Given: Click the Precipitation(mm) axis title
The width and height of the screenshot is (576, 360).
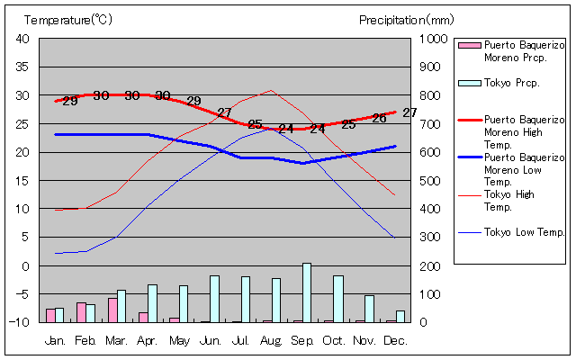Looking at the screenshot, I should tap(407, 19).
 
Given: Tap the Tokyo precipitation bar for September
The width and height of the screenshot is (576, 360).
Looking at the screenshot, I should tap(307, 292).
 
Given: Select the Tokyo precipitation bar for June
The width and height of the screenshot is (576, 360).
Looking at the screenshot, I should tap(214, 299).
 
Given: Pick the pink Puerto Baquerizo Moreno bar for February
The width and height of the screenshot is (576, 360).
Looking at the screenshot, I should tap(81, 312).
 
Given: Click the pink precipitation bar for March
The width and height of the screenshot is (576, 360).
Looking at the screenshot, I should tap(112, 310).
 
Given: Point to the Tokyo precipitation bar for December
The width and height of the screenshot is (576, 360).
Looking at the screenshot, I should tap(400, 316).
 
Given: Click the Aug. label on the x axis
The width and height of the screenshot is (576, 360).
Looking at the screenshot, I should tap(272, 340).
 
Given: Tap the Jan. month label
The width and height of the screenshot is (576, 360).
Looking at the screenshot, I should tap(55, 340).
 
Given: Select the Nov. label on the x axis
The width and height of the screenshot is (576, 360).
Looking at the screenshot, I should tap(364, 340).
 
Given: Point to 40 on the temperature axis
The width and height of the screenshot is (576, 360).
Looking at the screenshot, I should tap(22, 39).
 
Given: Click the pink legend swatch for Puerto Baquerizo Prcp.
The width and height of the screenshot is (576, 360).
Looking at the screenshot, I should tap(468, 45).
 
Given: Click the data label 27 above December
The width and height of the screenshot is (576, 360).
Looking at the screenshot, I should tap(409, 112).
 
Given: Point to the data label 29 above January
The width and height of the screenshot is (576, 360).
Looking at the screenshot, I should tap(70, 101).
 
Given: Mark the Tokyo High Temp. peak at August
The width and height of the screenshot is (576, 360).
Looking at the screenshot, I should tap(271, 90).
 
